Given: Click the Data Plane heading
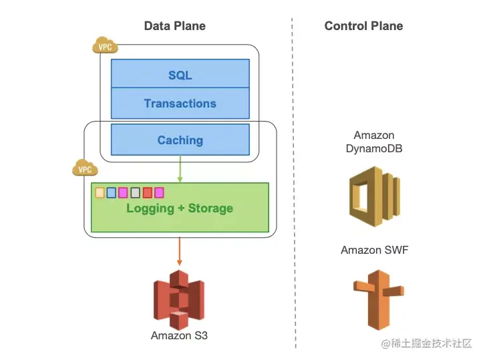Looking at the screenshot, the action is [x=174, y=26].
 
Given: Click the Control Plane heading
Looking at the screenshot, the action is [x=363, y=26].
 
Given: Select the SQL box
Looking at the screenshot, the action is [x=180, y=73].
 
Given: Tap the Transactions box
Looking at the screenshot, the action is [x=180, y=104].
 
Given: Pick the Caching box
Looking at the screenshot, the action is [x=180, y=140].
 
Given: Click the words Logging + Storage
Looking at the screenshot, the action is [x=180, y=208].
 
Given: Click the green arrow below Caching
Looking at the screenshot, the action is [x=180, y=169].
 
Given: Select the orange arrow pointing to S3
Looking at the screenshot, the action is [x=180, y=251].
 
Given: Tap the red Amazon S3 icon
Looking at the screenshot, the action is [x=179, y=300].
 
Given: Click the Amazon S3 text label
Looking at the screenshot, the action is [x=179, y=335].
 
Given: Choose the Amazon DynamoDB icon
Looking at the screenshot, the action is [x=375, y=196].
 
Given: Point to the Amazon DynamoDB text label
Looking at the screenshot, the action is [x=374, y=142].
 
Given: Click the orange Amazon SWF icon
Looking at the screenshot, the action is [x=379, y=300].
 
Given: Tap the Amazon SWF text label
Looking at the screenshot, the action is [x=374, y=250].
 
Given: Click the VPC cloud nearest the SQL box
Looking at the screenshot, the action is [x=105, y=45].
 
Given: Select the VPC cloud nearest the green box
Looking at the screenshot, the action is [x=85, y=168].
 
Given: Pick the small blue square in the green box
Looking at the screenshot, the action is [x=111, y=193].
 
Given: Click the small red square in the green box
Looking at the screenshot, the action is [x=148, y=193].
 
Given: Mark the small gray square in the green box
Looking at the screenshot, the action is [x=135, y=193].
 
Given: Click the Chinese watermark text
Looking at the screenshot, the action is [x=427, y=343].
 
